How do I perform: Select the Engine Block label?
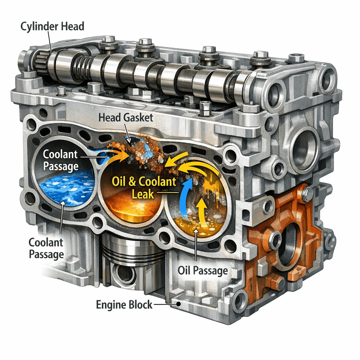(x=124, y=304)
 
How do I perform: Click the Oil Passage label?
(x=203, y=271)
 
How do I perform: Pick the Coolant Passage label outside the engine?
(x=46, y=248)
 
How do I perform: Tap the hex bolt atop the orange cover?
(x=307, y=194)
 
